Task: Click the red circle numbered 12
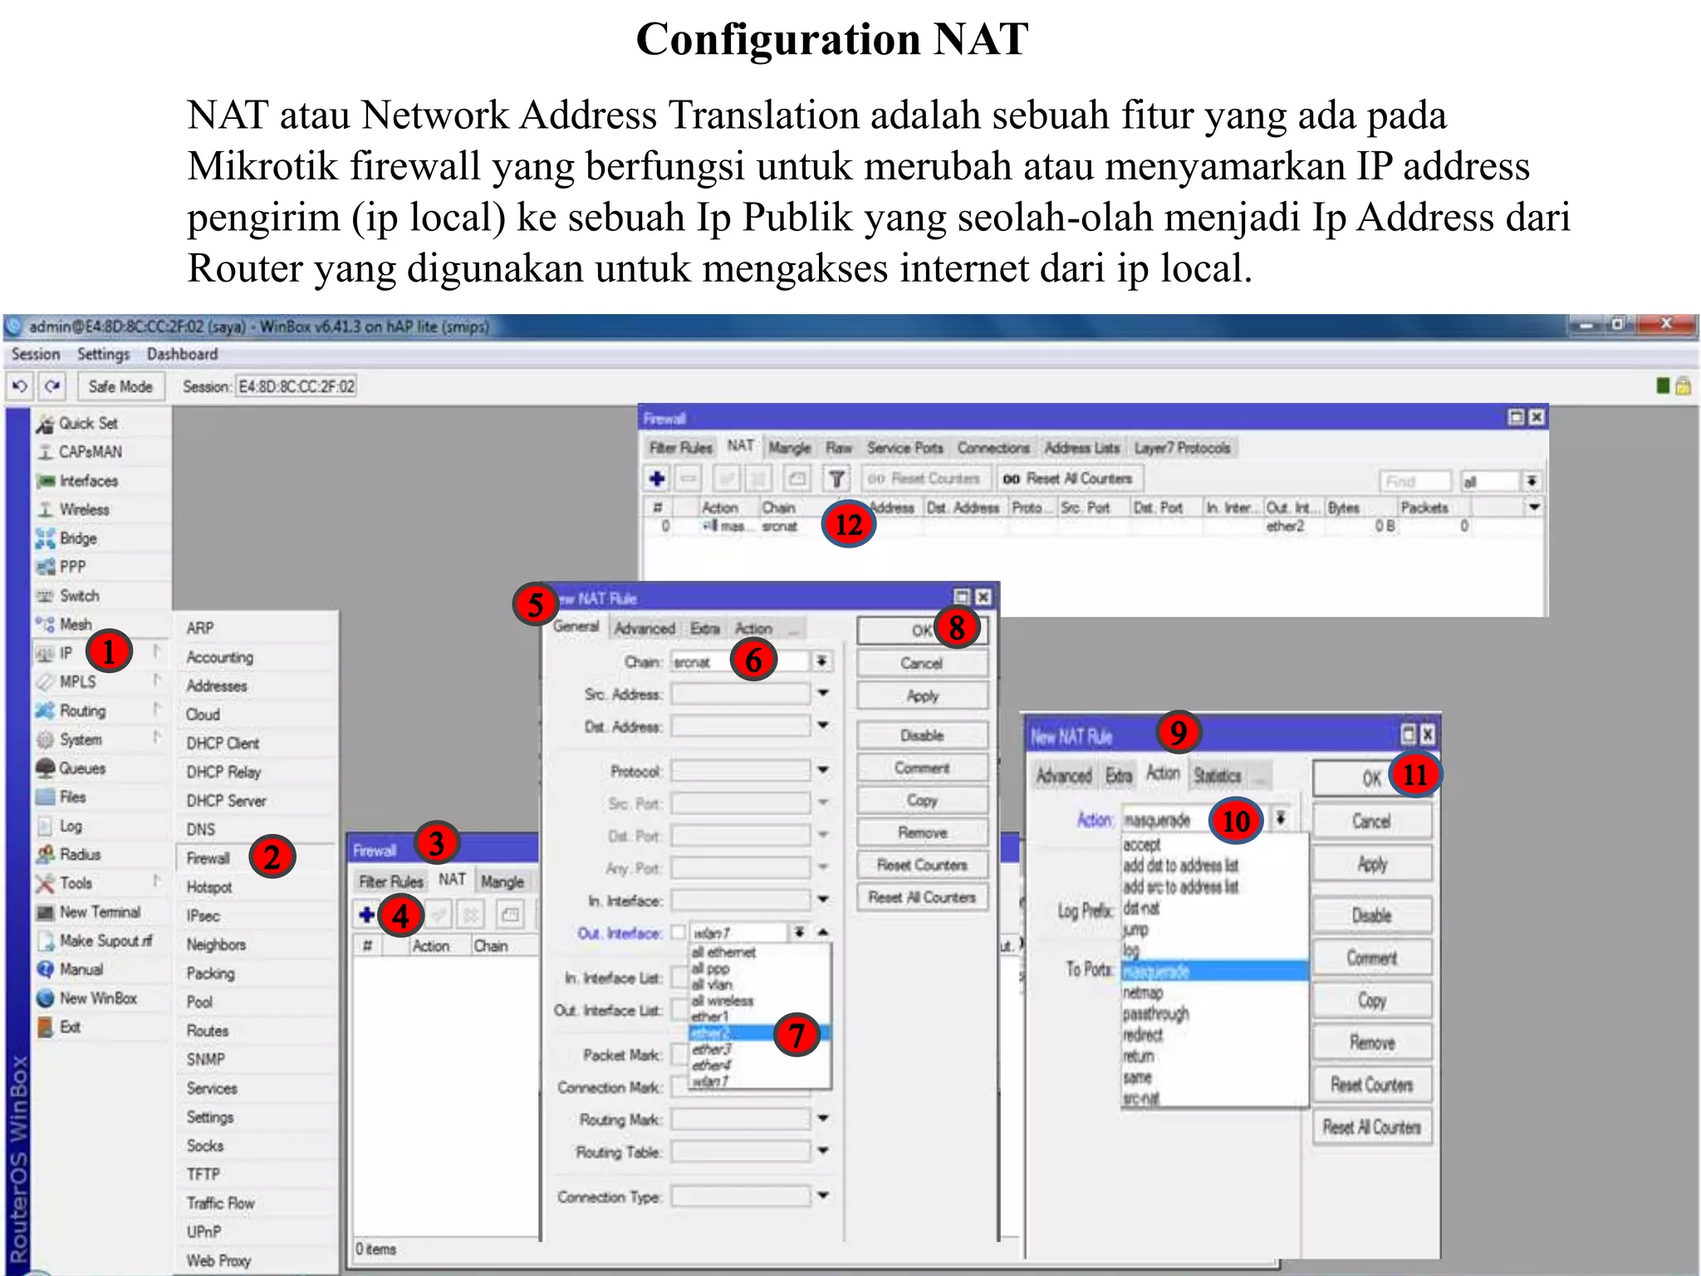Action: pos(848,524)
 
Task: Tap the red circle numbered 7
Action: pos(797,1035)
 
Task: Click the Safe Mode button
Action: pos(120,386)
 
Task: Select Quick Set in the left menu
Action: pos(88,424)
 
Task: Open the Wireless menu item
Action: pos(84,509)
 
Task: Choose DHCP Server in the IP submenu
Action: pos(226,801)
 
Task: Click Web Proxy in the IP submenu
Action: pos(218,1260)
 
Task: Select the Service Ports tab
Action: pos(904,448)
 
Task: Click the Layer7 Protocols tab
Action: pos(1182,448)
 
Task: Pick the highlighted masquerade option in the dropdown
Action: pos(1156,971)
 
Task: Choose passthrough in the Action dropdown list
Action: pos(1155,1013)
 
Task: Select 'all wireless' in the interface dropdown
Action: pos(722,1000)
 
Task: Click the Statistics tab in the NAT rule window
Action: pos(1217,775)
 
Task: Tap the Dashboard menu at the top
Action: pos(182,355)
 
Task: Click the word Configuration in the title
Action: pos(777,39)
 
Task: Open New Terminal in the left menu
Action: pos(100,912)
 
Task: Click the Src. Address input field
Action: pos(740,694)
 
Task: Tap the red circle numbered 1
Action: pos(108,651)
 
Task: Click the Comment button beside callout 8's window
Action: pos(921,768)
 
